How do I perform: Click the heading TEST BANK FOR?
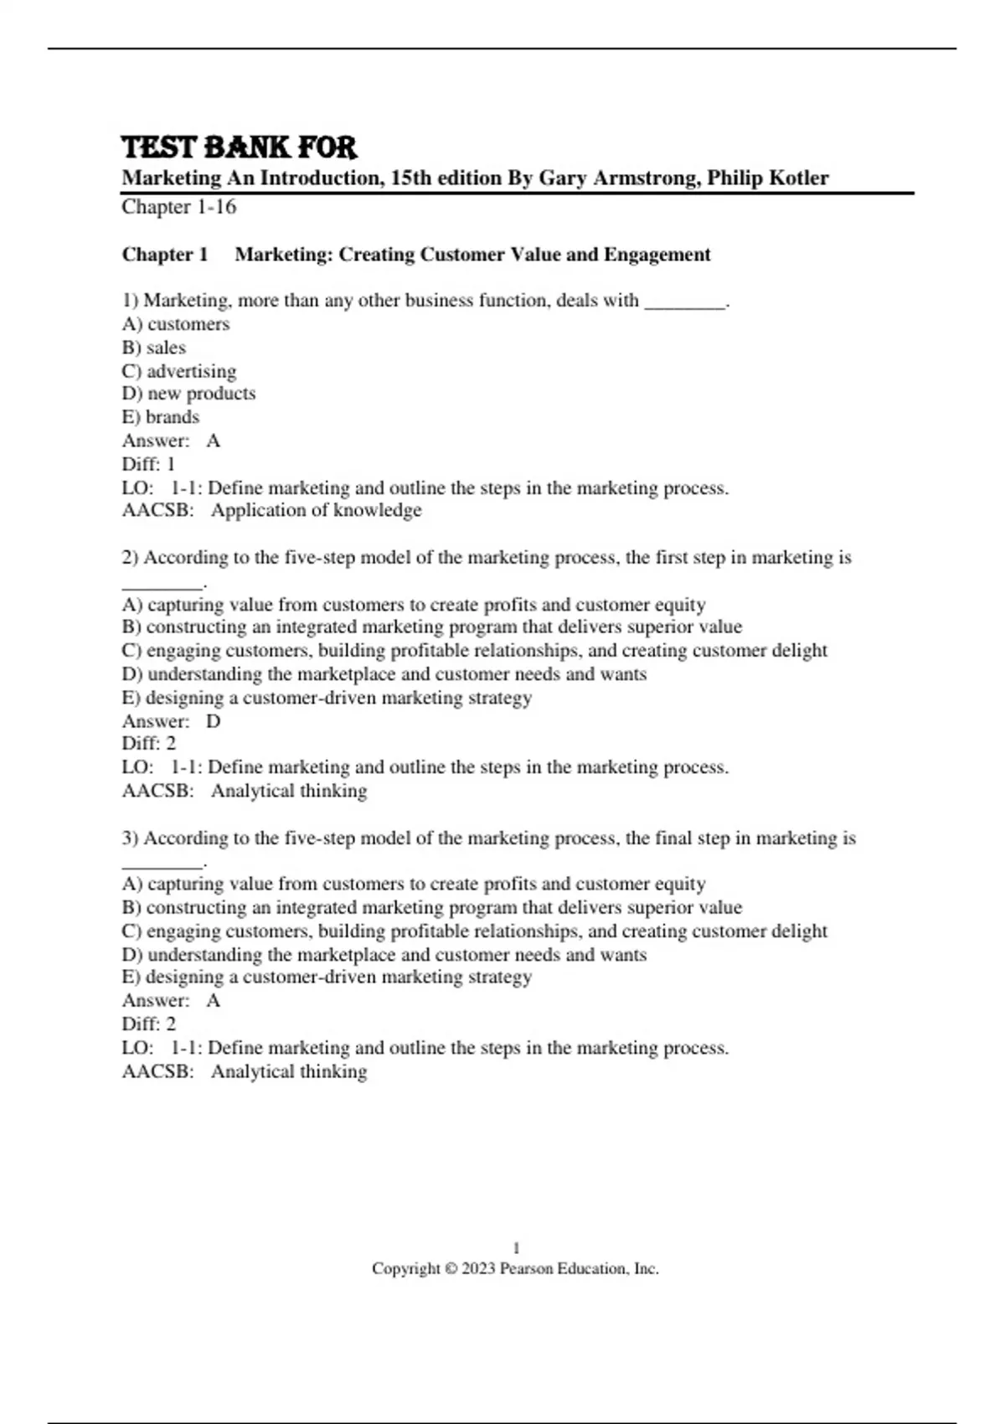click(x=240, y=148)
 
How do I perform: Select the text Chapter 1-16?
click(x=178, y=207)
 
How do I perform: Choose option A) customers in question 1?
click(x=176, y=324)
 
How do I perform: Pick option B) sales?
click(x=154, y=348)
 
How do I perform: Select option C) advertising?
click(x=179, y=371)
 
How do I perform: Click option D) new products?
click(x=188, y=394)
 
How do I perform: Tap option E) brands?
click(x=161, y=417)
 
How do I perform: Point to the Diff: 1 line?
click(x=149, y=464)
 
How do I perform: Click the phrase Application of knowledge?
click(x=316, y=511)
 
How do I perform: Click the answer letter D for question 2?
click(x=214, y=721)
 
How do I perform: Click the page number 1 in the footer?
click(x=516, y=1248)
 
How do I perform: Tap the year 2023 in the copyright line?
click(x=478, y=1269)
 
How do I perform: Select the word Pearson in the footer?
click(x=526, y=1269)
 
